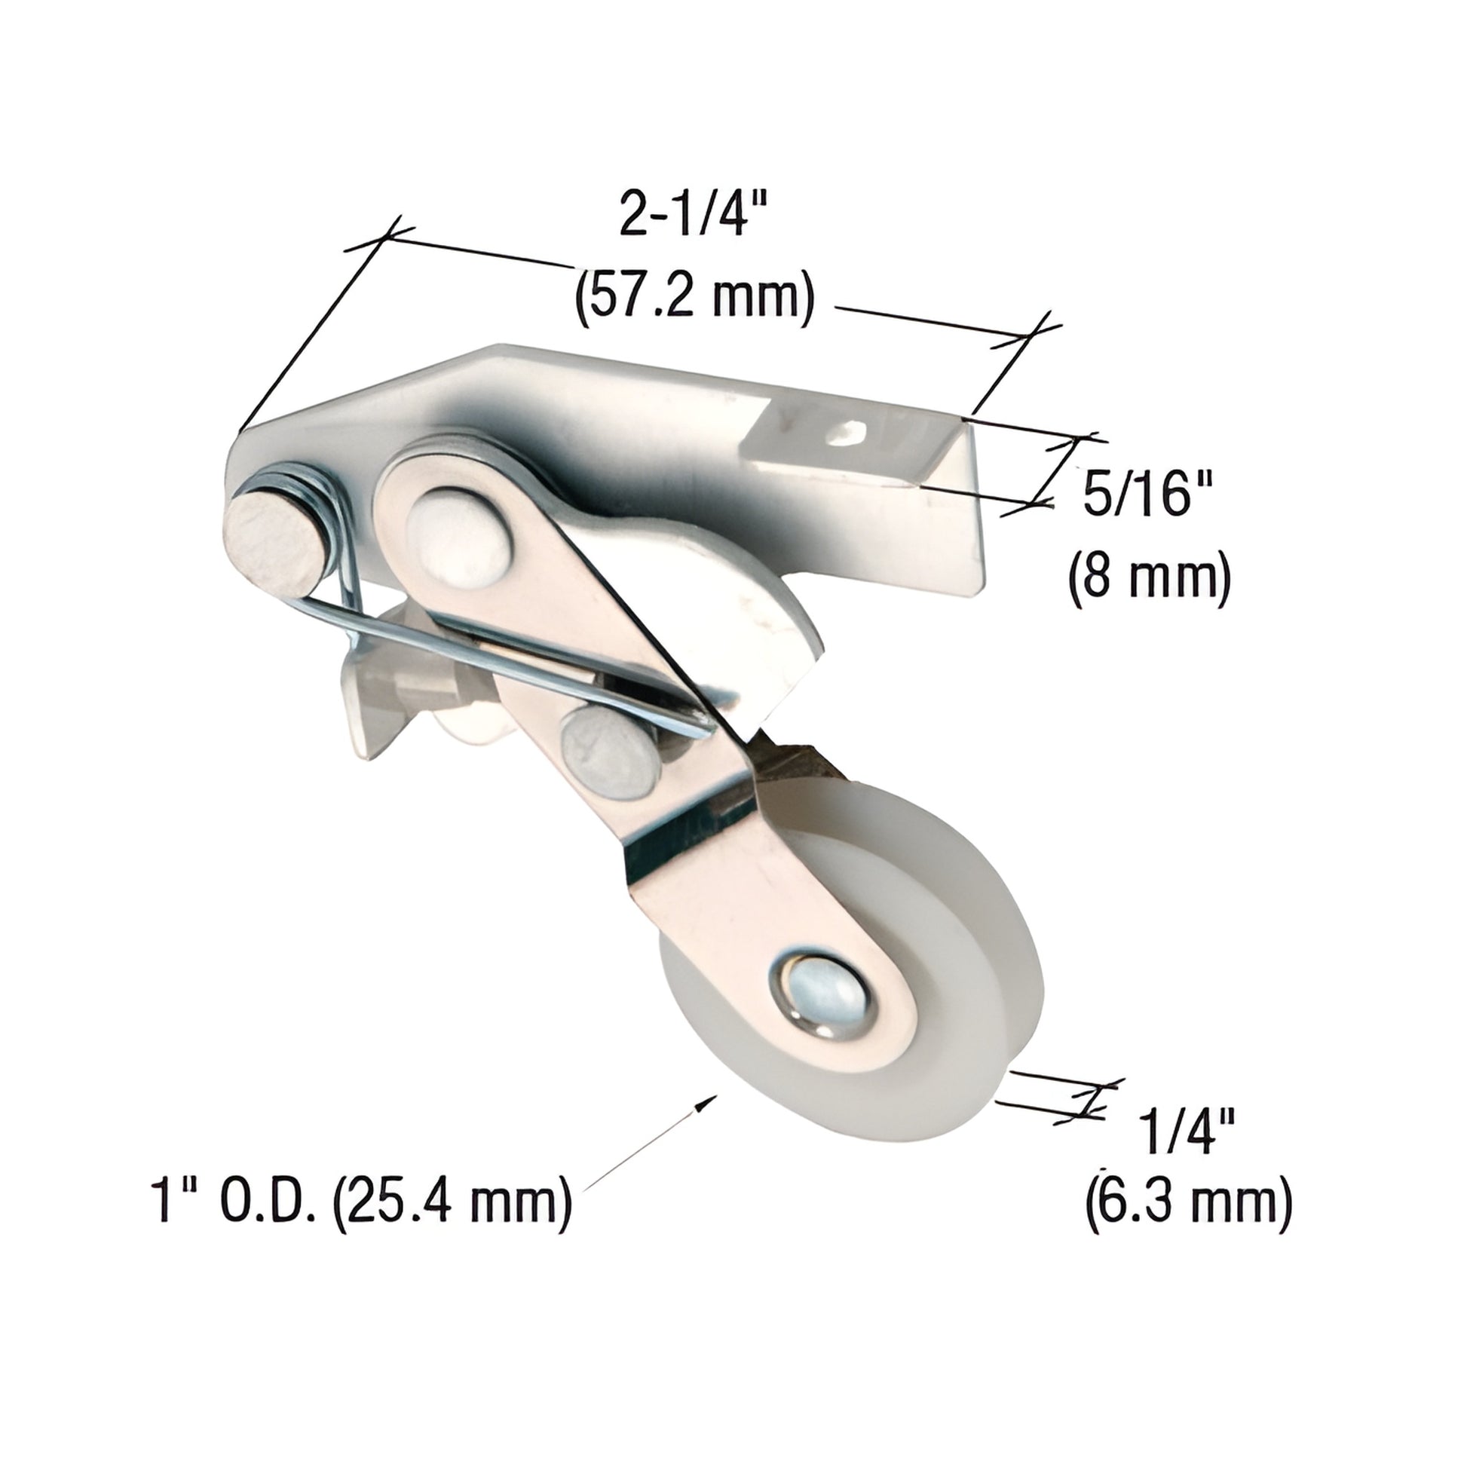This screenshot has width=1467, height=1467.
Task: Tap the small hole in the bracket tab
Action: point(851,433)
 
